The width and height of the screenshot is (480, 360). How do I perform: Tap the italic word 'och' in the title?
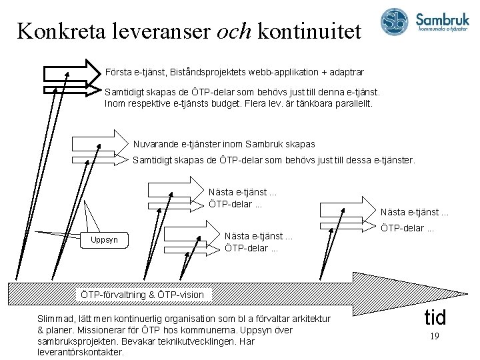[x=233, y=31]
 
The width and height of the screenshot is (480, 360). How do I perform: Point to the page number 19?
[x=433, y=337]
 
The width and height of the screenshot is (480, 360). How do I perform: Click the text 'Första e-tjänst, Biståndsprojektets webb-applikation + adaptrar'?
[x=234, y=71]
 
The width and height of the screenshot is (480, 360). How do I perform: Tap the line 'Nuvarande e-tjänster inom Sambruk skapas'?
[x=224, y=144]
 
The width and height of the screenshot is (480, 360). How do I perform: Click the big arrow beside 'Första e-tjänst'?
[x=71, y=69]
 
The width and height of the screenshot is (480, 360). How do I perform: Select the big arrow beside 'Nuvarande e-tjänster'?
[x=99, y=143]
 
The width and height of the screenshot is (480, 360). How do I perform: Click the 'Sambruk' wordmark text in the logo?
[x=444, y=19]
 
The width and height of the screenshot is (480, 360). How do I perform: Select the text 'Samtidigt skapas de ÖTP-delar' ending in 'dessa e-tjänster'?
[x=273, y=160]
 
